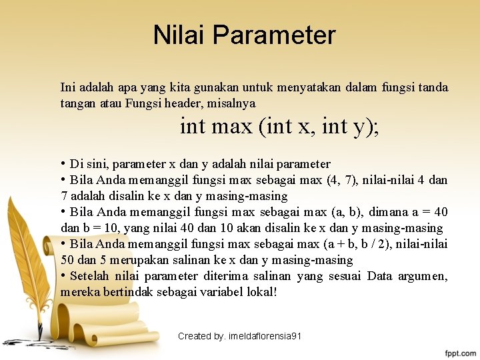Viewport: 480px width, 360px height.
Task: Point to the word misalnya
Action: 237,103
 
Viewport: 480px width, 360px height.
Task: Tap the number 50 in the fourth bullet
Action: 67,260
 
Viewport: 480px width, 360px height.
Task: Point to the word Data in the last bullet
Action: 380,276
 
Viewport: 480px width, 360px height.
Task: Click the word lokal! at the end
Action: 261,292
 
